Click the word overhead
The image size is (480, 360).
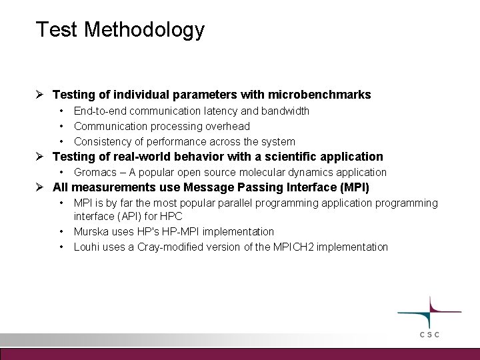coord(227,126)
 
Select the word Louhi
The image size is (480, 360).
coord(87,247)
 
